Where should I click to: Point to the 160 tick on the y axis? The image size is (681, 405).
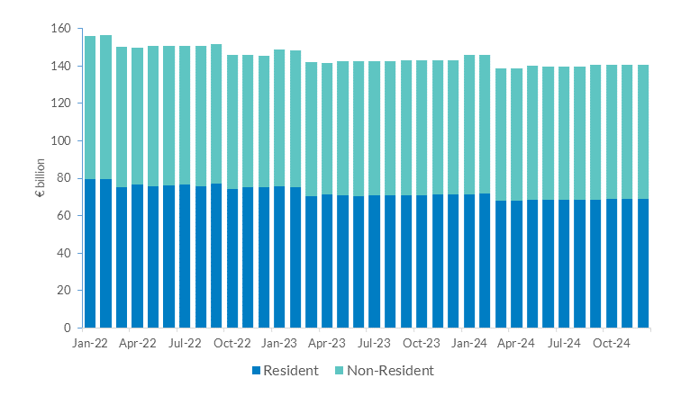pyautogui.click(x=61, y=29)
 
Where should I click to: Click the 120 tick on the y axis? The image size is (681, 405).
pyautogui.click(x=61, y=103)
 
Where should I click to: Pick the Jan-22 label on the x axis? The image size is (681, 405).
pyautogui.click(x=89, y=343)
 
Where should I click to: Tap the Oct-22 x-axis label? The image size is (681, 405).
pyautogui.click(x=232, y=343)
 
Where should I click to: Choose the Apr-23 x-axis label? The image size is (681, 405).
pyautogui.click(x=327, y=343)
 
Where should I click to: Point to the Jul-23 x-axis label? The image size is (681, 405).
pyautogui.click(x=374, y=343)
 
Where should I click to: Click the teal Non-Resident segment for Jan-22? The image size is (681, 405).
pyautogui.click(x=89, y=107)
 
